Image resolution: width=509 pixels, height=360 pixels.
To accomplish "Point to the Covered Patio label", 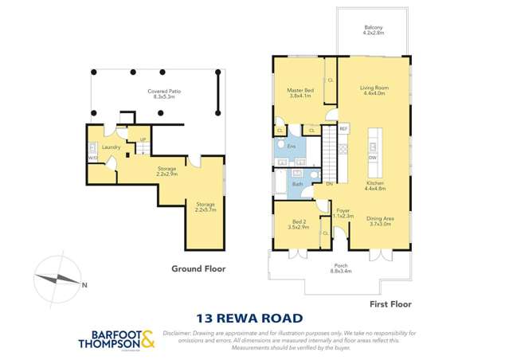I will [x=157, y=92].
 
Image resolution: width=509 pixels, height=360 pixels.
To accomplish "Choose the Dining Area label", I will [x=379, y=219].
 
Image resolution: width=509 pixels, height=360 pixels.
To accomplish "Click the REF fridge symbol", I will [x=343, y=128].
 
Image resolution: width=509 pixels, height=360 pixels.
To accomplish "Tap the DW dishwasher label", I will [x=373, y=158].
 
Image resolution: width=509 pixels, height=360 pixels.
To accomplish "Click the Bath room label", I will [x=297, y=184].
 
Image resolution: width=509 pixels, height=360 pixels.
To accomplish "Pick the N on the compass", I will [x=84, y=284].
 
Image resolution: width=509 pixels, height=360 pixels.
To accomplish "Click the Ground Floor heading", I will [x=198, y=268].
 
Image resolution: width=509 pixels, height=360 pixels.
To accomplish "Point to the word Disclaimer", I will [x=179, y=332].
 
